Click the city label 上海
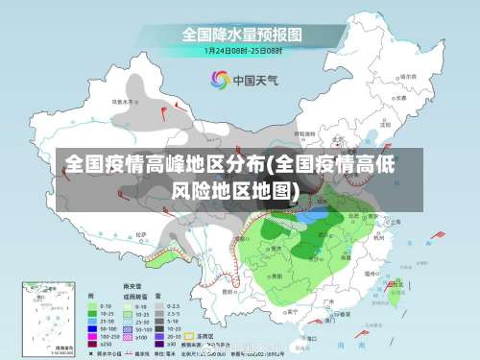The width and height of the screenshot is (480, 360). (x=396, y=222)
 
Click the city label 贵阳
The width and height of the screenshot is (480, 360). (x=276, y=276)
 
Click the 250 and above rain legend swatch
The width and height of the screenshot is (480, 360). (x=94, y=345)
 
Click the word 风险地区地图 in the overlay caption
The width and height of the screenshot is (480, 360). (x=235, y=189)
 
